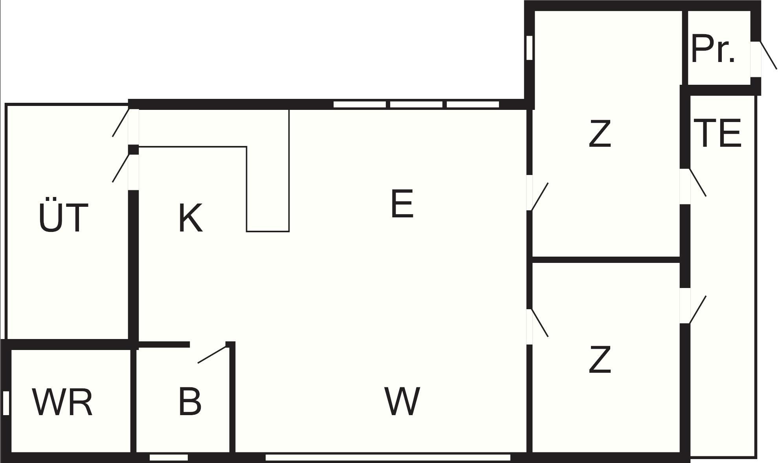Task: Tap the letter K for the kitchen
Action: pyautogui.click(x=191, y=218)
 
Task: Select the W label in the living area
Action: pyautogui.click(x=402, y=401)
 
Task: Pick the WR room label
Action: pyautogui.click(x=62, y=402)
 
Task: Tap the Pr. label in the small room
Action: pyautogui.click(x=713, y=49)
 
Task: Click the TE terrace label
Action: pyautogui.click(x=717, y=133)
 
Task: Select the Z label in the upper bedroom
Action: pyautogui.click(x=600, y=134)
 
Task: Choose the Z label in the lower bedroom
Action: pyautogui.click(x=600, y=359)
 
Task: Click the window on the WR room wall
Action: pyautogui.click(x=6, y=403)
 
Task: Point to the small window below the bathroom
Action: pyautogui.click(x=169, y=458)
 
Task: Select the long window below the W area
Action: pyautogui.click(x=388, y=458)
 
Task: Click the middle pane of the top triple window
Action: pyautogui.click(x=416, y=104)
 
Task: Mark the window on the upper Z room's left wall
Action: pyautogui.click(x=529, y=48)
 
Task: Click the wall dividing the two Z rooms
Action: pyautogui.click(x=606, y=260)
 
